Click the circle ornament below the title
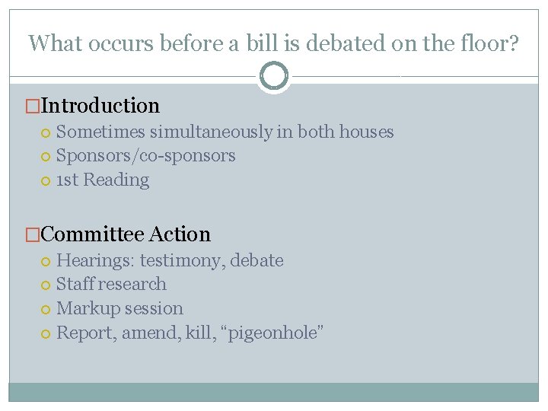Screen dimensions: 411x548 click(274, 75)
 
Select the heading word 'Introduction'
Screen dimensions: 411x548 click(100, 106)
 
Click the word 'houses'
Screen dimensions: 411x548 click(366, 132)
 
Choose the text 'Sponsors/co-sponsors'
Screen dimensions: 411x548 click(146, 156)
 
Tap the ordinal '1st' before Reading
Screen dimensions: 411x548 click(68, 180)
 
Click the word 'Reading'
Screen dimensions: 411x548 click(116, 180)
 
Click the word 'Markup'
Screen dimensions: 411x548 click(84, 309)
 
